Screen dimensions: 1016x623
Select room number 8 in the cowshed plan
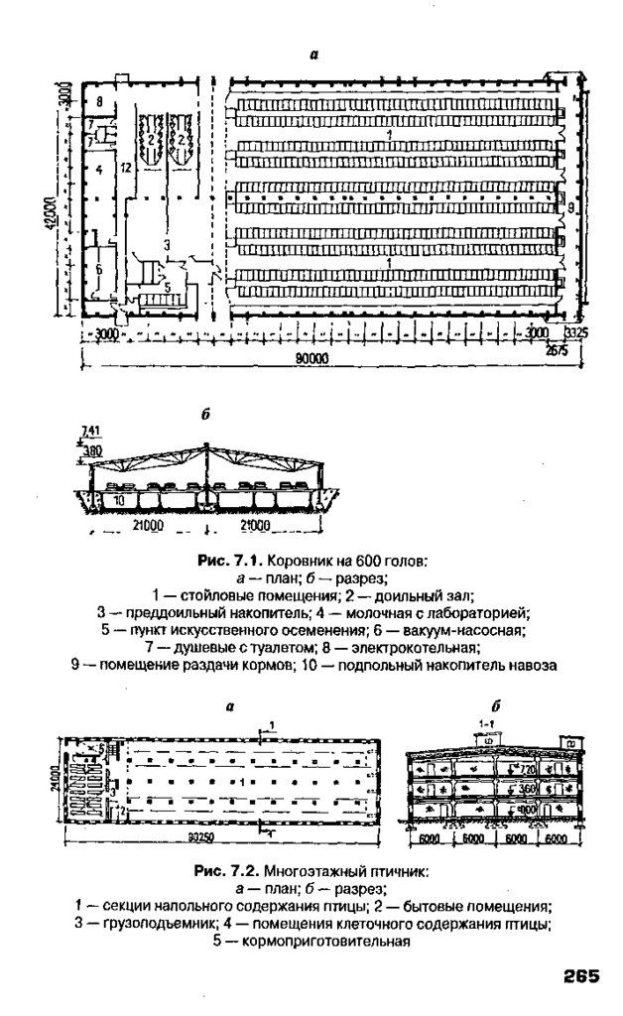99,103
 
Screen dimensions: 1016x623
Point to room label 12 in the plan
125,169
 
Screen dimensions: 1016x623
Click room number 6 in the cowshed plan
99,269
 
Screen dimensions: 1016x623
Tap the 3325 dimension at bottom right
575,333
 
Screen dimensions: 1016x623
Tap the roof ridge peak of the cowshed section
207,448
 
